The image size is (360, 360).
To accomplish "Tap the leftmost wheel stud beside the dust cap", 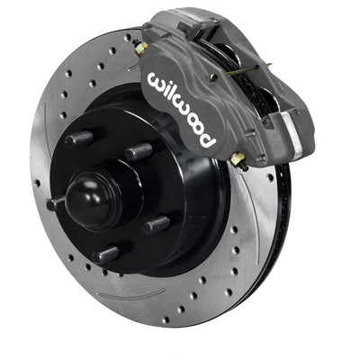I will coord(57,203).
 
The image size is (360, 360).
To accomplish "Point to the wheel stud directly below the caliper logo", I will coord(138,151).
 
